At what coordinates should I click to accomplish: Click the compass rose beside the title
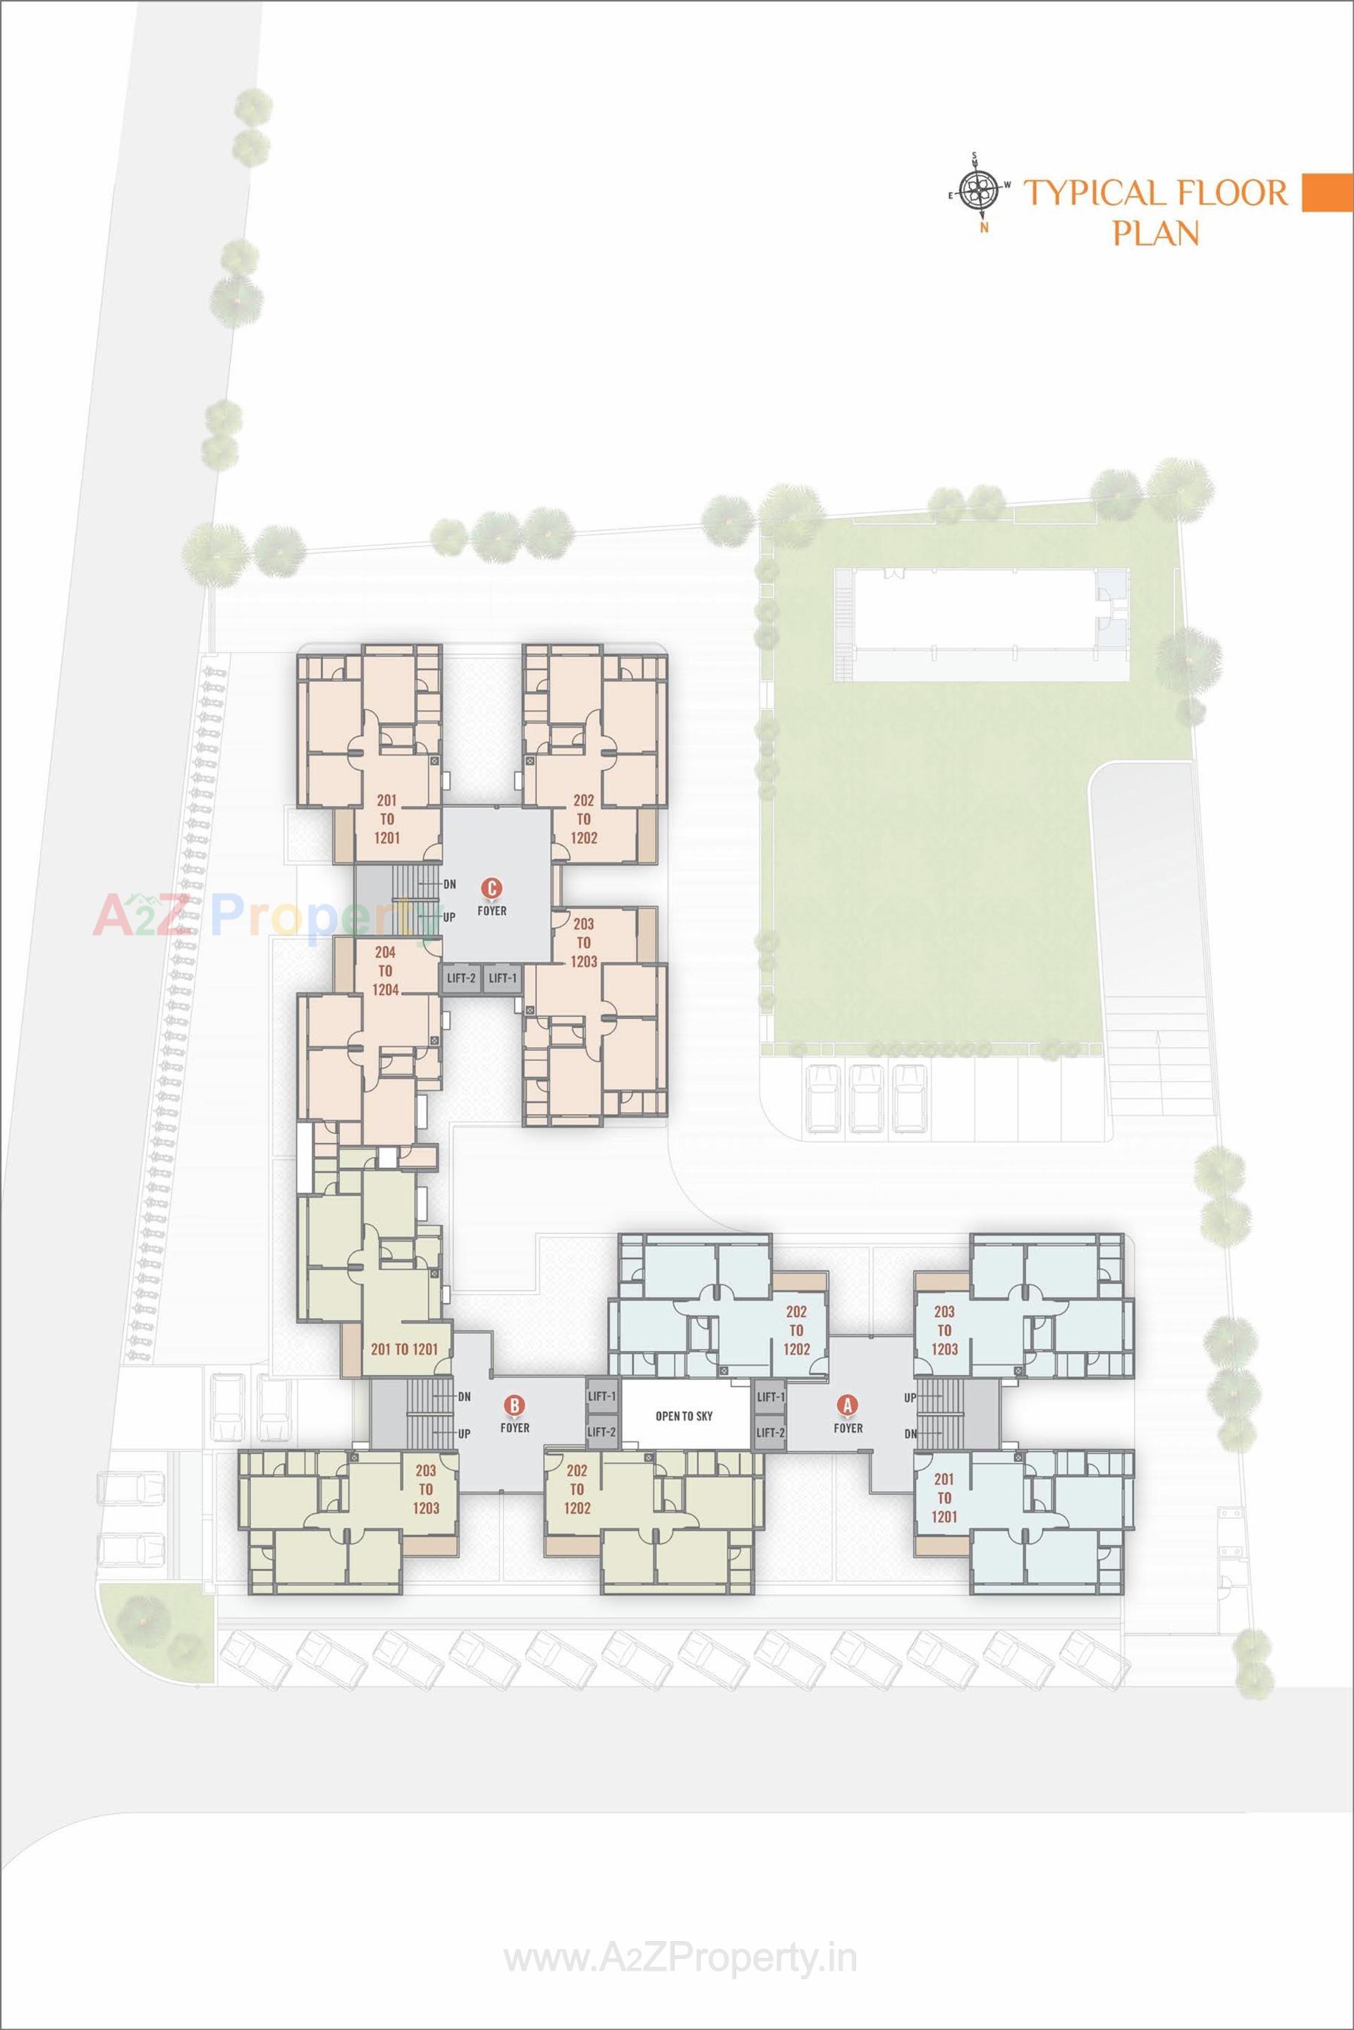point(980,192)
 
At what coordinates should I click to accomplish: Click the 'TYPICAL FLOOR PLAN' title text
point(1155,211)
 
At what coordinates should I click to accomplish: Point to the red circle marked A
point(847,1405)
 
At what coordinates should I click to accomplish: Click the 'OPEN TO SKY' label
point(684,1416)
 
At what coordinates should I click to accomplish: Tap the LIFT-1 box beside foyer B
point(602,1396)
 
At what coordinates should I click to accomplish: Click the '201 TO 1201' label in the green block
point(404,1349)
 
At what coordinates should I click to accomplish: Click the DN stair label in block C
point(449,884)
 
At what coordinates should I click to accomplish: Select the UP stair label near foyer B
point(465,1433)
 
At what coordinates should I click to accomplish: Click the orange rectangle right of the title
point(1326,192)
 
